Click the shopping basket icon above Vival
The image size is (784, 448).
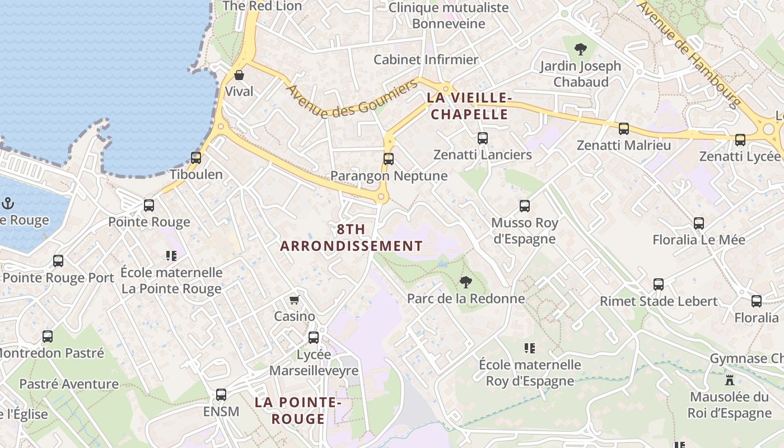click(239, 75)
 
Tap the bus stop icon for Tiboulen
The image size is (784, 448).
click(195, 158)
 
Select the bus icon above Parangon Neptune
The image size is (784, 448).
click(389, 159)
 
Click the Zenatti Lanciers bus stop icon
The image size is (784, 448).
click(483, 138)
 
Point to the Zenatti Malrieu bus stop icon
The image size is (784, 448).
click(624, 129)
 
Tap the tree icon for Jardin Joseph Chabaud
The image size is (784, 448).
click(581, 49)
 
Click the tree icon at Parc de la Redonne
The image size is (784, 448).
click(465, 282)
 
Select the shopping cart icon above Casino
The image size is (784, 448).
click(295, 300)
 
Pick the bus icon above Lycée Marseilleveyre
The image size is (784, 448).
click(314, 338)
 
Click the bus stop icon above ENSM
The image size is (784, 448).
click(221, 395)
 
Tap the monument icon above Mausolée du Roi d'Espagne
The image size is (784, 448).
click(730, 380)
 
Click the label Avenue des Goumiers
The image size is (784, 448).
click(352, 99)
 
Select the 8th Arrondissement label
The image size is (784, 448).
click(351, 237)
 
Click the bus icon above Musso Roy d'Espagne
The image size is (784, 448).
click(525, 206)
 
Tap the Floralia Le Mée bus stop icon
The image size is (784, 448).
click(699, 223)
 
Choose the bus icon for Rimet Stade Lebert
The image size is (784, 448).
click(659, 284)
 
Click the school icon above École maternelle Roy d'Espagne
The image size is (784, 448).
click(530, 348)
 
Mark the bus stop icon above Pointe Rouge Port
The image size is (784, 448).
click(58, 261)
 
